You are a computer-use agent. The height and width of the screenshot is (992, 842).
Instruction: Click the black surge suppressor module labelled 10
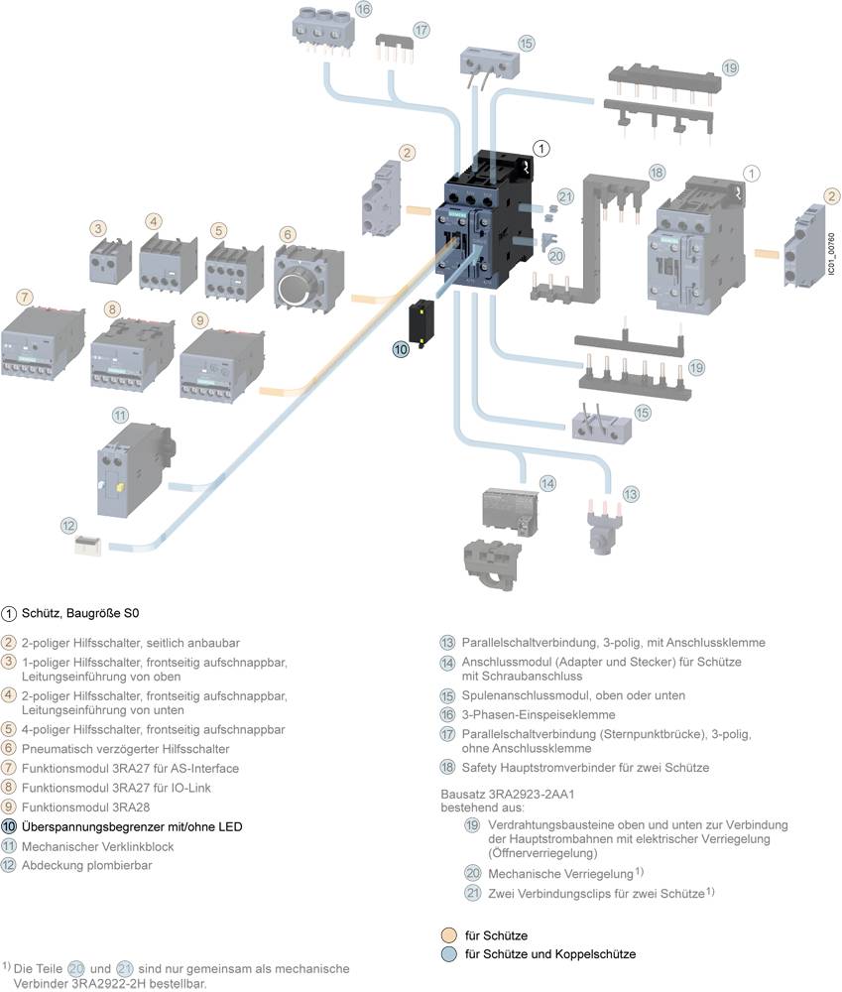pos(424,319)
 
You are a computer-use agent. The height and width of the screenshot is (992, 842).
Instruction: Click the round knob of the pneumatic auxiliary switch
pos(295,287)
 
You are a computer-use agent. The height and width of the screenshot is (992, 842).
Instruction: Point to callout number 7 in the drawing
pos(24,297)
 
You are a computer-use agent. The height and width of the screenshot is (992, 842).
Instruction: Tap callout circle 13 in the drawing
pos(631,493)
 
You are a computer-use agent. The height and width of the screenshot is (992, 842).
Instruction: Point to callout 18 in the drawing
pos(656,172)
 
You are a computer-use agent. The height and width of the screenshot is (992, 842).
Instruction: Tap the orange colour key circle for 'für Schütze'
pos(447,935)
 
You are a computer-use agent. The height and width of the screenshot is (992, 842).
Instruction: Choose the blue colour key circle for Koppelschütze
pos(447,954)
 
